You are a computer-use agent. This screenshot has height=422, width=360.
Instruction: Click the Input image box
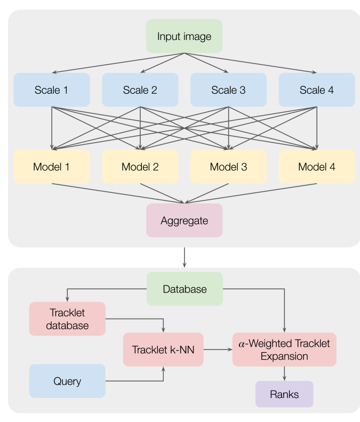point(185,36)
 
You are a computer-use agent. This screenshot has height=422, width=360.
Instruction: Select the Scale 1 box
point(52,90)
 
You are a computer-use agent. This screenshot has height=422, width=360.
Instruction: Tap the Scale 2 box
point(140,90)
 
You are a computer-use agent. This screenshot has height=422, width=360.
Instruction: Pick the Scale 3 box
point(228,90)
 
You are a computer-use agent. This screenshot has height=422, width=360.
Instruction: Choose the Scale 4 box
point(317,90)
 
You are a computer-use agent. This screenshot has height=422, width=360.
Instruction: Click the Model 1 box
point(52,167)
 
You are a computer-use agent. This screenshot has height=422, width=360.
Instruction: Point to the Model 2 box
point(140,167)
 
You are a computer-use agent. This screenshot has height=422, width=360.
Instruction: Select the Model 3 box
point(228,167)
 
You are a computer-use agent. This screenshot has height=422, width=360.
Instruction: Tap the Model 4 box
point(317,167)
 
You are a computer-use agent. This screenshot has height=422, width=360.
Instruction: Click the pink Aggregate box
point(185,221)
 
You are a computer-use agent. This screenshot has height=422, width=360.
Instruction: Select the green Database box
point(185,289)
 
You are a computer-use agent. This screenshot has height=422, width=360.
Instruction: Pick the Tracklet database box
point(67,319)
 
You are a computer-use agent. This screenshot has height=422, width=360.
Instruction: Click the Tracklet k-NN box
point(163,350)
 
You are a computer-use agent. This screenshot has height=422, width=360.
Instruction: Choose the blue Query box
point(67,381)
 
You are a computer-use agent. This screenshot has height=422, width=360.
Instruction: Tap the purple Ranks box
point(284,394)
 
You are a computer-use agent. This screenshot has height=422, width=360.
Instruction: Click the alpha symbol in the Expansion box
point(242,344)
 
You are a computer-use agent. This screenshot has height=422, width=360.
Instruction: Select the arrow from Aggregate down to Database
point(185,257)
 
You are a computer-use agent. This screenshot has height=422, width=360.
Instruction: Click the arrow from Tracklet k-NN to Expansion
point(218,350)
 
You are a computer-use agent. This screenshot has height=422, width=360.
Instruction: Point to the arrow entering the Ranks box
point(284,374)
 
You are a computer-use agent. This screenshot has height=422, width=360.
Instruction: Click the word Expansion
point(284,356)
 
